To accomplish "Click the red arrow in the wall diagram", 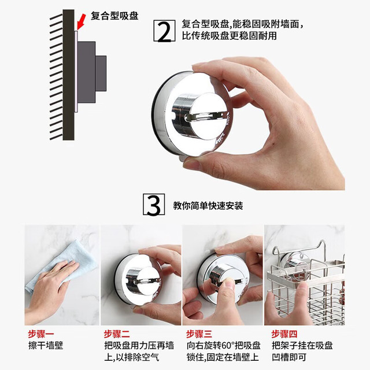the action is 81,22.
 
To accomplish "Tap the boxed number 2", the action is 164,31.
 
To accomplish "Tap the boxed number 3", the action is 154,204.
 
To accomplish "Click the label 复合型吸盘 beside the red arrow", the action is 114,16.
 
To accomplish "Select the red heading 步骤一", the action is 41,334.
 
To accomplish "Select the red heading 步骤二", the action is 117,334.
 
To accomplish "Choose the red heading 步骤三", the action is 199,334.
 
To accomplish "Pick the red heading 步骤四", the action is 284,334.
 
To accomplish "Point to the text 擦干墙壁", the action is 46,346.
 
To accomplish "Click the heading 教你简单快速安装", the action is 208,206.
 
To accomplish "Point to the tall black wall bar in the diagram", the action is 68,75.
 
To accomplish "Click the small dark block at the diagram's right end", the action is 101,73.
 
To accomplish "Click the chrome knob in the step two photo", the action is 143,281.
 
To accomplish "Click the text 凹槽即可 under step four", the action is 289,357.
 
